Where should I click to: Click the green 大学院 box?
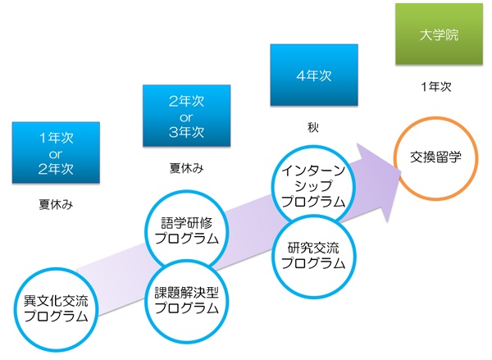pos(439,34)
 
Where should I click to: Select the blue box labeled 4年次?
pos(314,75)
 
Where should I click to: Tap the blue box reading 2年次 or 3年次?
pos(187,116)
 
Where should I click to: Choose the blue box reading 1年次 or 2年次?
pos(56,153)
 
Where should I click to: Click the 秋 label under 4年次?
pos(313,127)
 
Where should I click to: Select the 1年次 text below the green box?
pos(436,87)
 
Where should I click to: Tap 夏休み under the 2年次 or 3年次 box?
pos(187,168)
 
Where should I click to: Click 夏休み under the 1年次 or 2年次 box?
pos(56,205)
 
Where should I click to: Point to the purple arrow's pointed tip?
pos(402,171)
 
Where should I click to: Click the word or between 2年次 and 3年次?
pos(186,118)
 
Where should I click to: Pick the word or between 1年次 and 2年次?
pos(56,154)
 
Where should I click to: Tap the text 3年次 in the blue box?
pos(187,132)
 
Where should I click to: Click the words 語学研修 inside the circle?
pos(187,224)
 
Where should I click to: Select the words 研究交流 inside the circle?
pos(313,248)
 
